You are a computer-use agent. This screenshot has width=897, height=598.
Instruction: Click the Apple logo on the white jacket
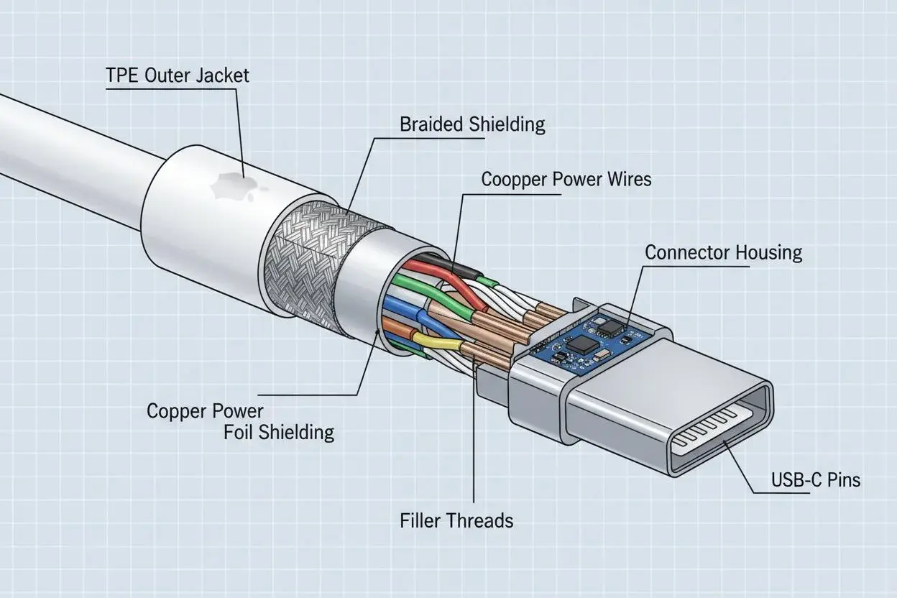tap(237, 187)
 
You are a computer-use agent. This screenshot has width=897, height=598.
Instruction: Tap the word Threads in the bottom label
tap(479, 520)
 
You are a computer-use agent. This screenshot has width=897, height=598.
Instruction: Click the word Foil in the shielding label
tap(236, 432)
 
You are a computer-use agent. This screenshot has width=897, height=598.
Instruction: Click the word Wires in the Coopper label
tap(630, 179)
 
